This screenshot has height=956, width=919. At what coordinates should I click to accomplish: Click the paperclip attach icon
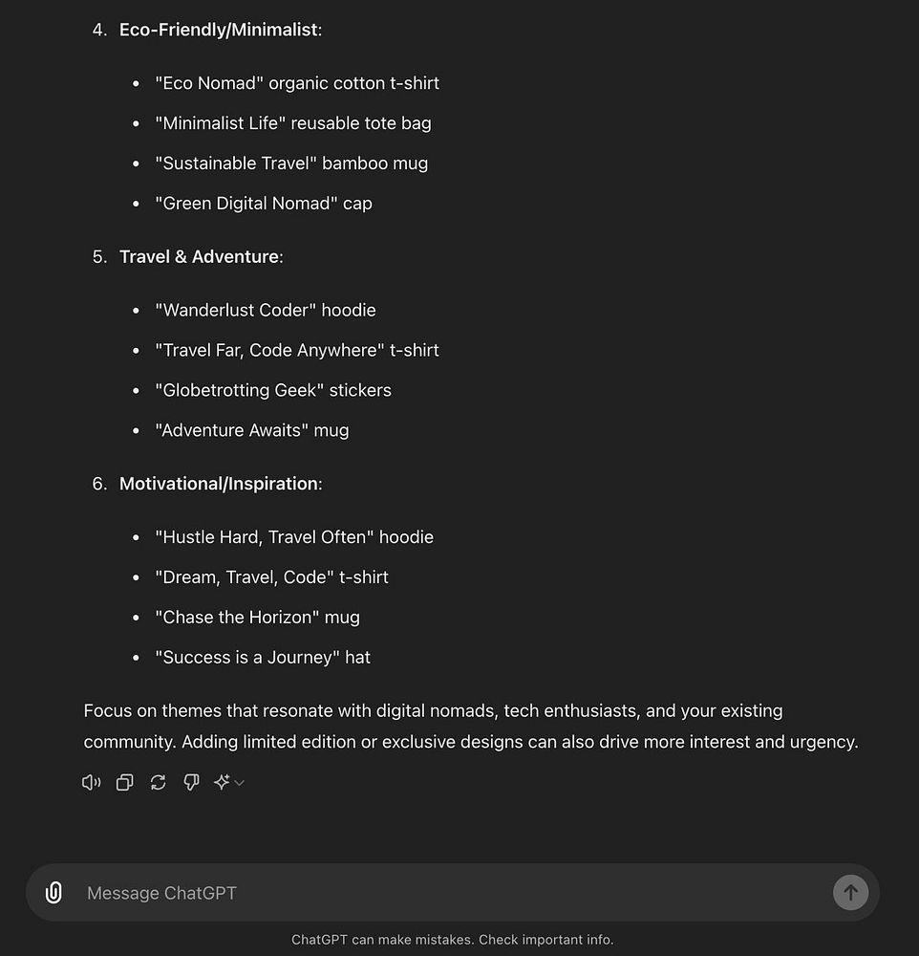tap(54, 893)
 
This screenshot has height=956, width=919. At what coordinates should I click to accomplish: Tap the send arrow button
tap(850, 893)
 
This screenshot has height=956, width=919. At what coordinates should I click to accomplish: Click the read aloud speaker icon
tap(92, 783)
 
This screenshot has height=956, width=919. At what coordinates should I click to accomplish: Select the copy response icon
tap(124, 783)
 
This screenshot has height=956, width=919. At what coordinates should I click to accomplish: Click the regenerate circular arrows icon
tap(158, 783)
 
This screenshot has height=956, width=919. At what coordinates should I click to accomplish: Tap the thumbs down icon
tap(191, 783)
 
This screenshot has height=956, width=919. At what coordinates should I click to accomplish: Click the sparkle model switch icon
tap(223, 783)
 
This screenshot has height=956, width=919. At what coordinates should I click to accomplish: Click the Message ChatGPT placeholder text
tap(161, 893)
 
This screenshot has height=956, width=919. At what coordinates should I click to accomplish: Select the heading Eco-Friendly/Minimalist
tap(218, 30)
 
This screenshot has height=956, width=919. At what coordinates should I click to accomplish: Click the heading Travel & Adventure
tap(199, 256)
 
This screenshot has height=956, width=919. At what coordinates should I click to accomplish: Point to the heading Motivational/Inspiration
tap(218, 484)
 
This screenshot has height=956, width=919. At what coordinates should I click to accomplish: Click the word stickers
tap(360, 390)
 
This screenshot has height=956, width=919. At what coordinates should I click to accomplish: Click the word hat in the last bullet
tap(357, 658)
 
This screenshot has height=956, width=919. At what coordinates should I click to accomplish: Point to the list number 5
tap(99, 256)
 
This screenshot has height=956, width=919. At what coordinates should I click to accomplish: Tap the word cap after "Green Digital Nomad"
tap(357, 204)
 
